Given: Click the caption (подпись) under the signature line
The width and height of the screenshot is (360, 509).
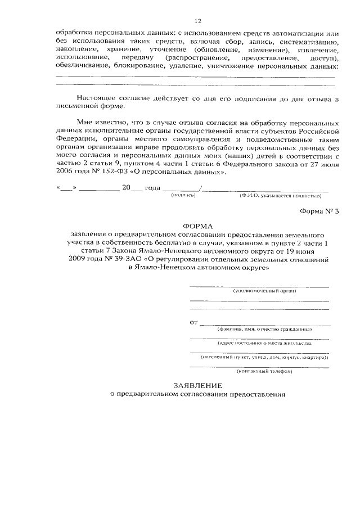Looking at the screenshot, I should (x=183, y=196).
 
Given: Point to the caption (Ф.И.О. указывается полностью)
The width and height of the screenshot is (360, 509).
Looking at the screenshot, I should (x=280, y=196).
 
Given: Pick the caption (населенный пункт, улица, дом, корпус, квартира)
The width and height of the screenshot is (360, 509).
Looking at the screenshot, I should (x=265, y=357).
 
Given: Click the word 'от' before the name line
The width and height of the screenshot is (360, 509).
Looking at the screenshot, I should (x=195, y=323).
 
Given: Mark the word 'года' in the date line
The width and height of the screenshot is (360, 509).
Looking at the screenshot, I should (x=152, y=188).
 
